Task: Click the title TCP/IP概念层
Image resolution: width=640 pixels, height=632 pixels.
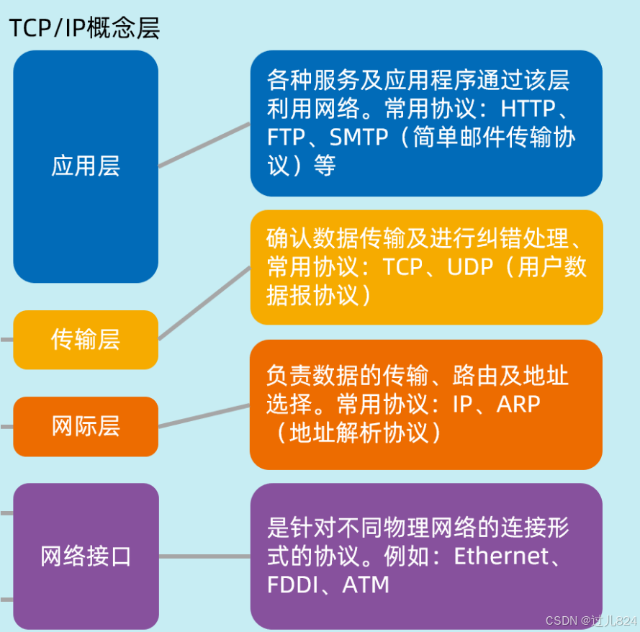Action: (x=84, y=27)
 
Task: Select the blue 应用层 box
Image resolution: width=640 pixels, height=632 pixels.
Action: (x=86, y=166)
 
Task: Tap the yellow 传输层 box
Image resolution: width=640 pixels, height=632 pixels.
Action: (x=86, y=339)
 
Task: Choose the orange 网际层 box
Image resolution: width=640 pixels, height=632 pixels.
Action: (x=86, y=426)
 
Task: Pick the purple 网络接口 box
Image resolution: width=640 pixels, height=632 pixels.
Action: (x=86, y=556)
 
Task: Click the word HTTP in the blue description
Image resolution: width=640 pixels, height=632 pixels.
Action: (x=528, y=109)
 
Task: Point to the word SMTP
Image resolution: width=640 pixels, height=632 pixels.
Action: (x=360, y=137)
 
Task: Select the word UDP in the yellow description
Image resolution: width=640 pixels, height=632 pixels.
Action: (x=470, y=267)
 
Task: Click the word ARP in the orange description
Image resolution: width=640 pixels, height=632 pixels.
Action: (x=518, y=404)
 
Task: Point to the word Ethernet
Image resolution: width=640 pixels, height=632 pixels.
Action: (x=500, y=556)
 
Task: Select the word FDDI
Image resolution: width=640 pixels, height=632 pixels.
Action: (x=292, y=584)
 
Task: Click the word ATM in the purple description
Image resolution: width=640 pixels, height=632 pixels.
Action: (x=366, y=584)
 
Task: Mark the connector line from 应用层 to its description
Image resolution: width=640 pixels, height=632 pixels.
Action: (x=204, y=145)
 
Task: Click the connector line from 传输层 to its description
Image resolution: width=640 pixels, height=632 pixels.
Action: (x=204, y=303)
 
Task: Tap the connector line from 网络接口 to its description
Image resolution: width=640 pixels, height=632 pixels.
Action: (x=204, y=556)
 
